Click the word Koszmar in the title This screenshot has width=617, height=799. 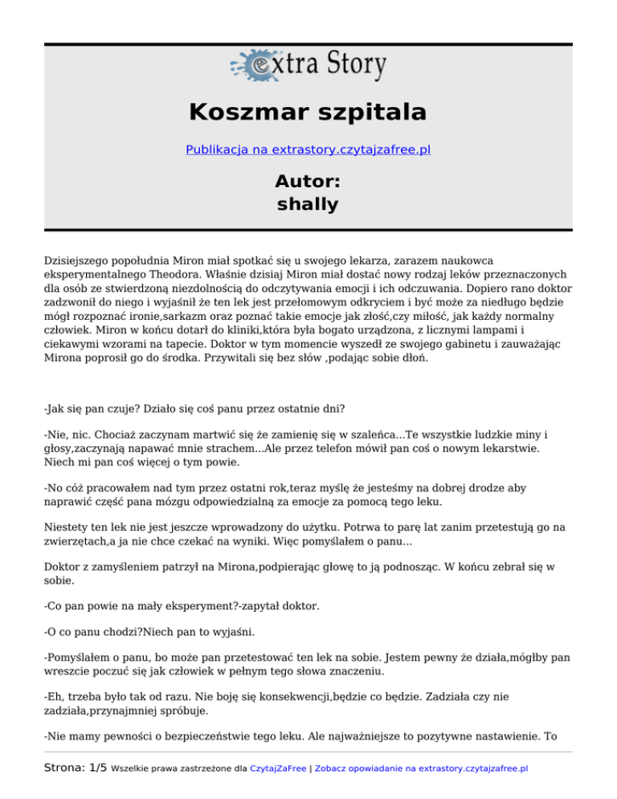[245, 111]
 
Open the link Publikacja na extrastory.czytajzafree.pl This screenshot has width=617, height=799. [308, 150]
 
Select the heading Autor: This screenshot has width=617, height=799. [308, 182]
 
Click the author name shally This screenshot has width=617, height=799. [308, 204]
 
